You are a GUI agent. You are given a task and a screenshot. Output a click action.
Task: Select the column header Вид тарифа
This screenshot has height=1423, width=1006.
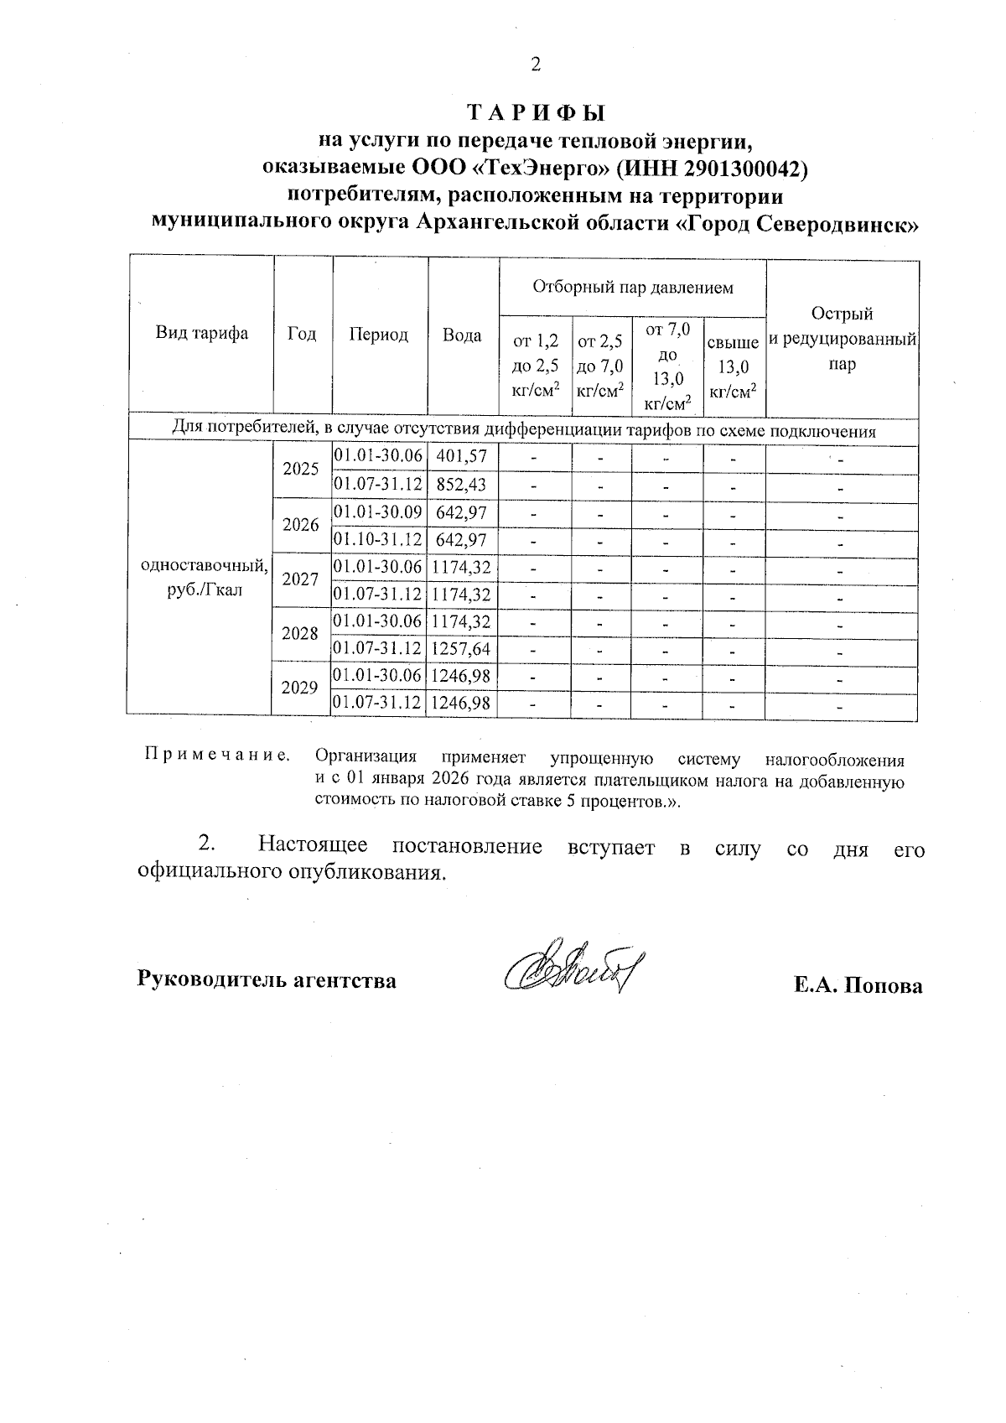(202, 334)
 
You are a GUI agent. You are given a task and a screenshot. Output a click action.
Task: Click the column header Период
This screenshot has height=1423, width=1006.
(379, 335)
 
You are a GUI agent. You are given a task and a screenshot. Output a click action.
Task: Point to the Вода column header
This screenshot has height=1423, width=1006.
(462, 335)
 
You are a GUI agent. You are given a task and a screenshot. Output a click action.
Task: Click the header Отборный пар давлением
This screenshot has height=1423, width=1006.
(633, 288)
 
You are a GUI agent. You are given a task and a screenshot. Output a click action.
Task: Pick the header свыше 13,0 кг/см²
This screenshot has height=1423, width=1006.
(734, 366)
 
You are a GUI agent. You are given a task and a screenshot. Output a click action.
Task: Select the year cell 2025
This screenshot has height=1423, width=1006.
(301, 470)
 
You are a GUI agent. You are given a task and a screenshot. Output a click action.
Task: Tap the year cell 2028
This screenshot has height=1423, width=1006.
(300, 634)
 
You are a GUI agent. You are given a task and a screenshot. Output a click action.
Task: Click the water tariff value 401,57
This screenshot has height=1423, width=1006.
(462, 456)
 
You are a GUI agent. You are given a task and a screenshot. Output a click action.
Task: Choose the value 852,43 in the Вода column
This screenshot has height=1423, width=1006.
(462, 484)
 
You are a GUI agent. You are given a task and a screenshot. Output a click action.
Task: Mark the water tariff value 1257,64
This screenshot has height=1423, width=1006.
(461, 649)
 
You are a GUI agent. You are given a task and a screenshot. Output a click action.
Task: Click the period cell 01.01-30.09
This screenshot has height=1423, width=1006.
(378, 512)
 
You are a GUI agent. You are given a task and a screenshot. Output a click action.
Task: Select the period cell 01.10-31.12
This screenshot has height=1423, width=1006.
(378, 539)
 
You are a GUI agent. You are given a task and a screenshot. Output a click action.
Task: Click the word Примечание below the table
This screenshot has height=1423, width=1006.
(217, 756)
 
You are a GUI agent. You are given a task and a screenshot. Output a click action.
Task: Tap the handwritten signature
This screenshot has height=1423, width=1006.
(568, 974)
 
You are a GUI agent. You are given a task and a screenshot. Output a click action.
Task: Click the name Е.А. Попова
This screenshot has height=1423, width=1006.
(858, 985)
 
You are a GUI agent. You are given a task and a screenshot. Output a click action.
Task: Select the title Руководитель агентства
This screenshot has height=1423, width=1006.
(267, 979)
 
